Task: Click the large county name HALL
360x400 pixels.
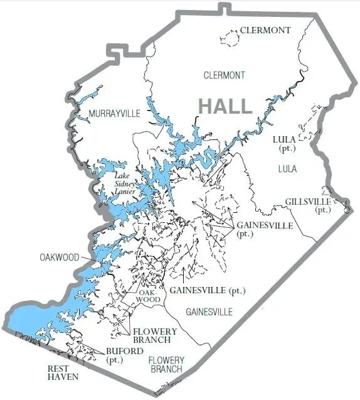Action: pos(226,105)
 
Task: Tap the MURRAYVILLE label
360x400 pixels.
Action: pos(112,113)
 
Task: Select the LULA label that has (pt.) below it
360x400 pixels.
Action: pos(285,139)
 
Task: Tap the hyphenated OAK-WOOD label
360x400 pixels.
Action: pos(148,296)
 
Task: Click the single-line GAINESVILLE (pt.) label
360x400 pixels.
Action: pos(207,291)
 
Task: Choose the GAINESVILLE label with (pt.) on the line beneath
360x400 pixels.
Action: pos(264,225)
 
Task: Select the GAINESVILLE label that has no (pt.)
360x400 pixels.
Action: pos(209,311)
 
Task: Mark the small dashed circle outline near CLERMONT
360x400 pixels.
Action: pos(231,40)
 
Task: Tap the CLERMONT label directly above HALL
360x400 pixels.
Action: pos(224,75)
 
